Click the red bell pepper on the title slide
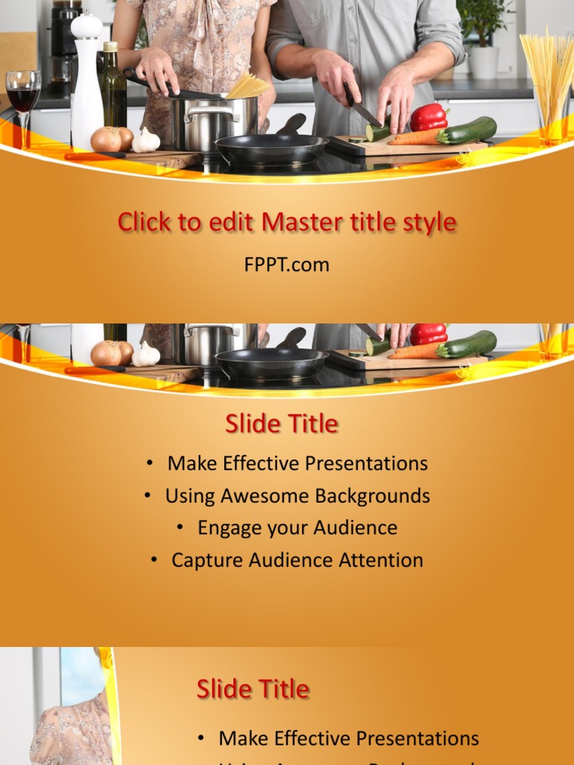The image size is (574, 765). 428,117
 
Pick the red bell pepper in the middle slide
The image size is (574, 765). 428,333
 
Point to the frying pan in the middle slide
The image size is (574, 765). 271,362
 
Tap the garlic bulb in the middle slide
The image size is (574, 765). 146,353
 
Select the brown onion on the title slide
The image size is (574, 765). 107,139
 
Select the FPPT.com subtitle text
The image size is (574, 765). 286,264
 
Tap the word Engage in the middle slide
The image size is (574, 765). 223,528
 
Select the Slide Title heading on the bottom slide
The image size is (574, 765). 253,689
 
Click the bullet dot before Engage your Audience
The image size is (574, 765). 181,527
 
